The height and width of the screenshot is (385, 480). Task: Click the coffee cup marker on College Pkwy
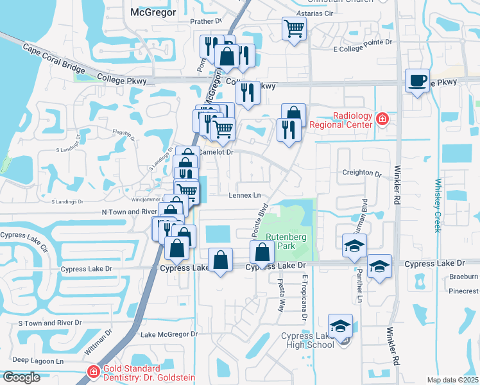tap(418, 81)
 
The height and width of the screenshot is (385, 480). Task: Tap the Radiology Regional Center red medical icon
tap(382, 119)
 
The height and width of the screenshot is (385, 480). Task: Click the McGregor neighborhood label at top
tap(153, 12)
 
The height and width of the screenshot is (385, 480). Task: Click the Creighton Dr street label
tap(362, 173)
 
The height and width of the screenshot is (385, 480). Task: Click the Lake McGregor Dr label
tap(169, 334)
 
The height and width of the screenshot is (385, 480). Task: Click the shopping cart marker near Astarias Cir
tap(294, 28)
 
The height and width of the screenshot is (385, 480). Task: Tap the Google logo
tap(22, 377)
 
